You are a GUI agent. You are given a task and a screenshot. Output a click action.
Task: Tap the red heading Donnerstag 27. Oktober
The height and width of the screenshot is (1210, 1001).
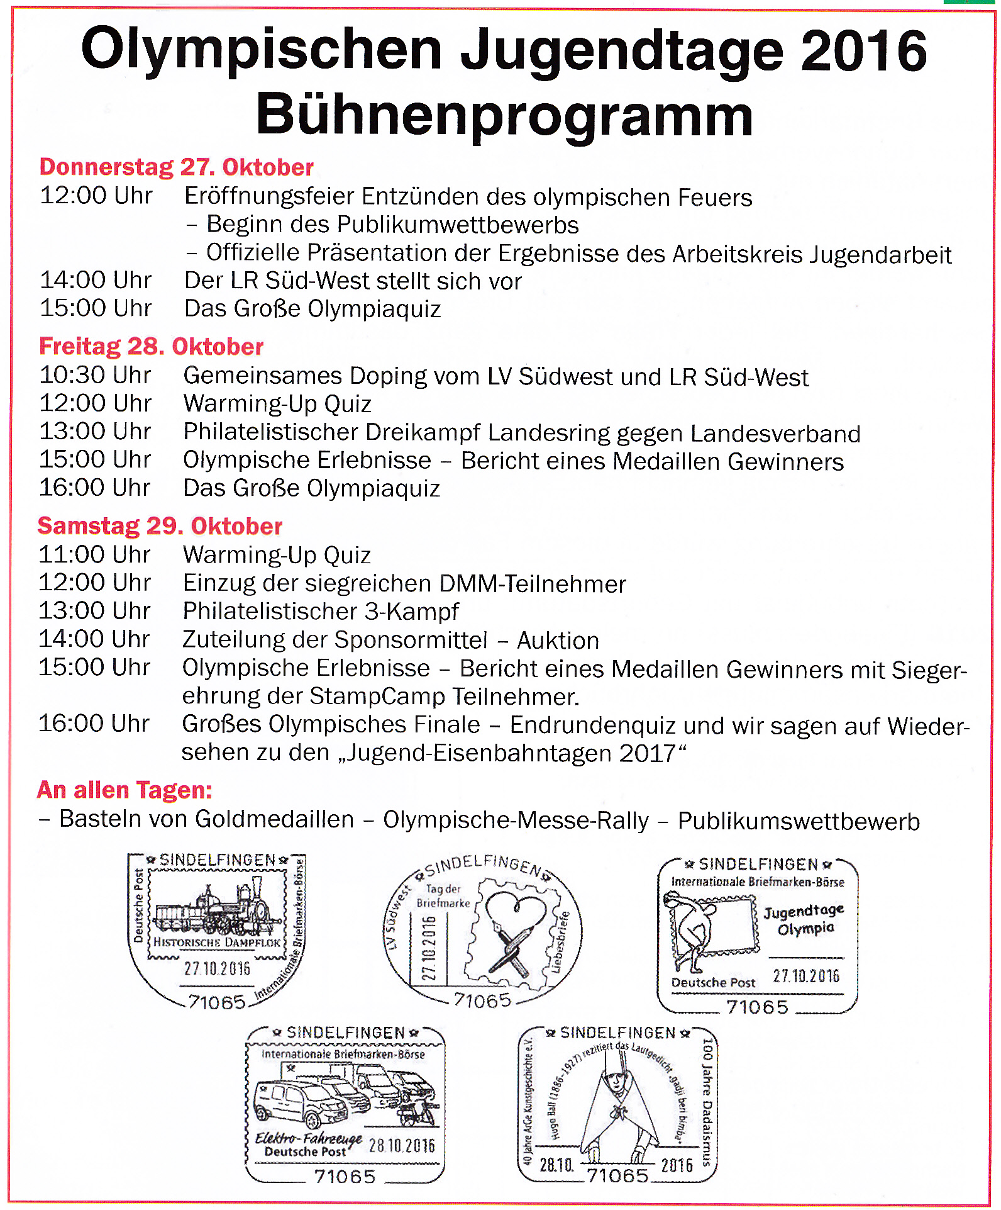click(176, 167)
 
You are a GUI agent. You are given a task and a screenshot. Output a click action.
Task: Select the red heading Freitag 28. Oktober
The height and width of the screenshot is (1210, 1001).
click(151, 347)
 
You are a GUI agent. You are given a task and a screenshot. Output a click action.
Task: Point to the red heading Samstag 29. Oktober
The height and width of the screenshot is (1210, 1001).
click(160, 526)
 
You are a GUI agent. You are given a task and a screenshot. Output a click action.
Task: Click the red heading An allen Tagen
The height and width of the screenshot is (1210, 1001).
click(124, 790)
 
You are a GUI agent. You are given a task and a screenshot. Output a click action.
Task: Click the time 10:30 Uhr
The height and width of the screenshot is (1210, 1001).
click(95, 376)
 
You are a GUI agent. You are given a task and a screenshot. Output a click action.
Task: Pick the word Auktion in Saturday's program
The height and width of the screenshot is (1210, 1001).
click(558, 641)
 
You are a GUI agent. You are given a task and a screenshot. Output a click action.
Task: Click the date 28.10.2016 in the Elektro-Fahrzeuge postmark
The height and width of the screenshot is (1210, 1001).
click(402, 1145)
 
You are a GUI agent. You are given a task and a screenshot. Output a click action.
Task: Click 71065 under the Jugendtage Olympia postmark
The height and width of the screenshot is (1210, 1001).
click(757, 1007)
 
